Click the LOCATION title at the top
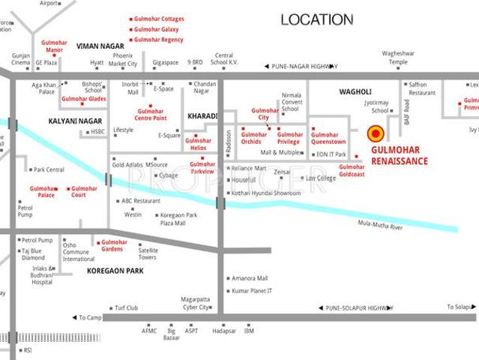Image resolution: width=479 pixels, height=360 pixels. [x=316, y=19]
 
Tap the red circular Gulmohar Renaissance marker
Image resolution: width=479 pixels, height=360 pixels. [x=376, y=133]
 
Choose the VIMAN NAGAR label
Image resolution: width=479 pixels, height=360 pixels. [x=101, y=46]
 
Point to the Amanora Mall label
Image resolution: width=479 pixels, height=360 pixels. [x=250, y=278]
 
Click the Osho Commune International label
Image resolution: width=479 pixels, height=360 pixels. [x=79, y=253]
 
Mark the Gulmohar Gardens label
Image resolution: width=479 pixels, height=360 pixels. [x=114, y=245]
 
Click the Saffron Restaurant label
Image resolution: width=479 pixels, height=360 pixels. [x=422, y=88]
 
